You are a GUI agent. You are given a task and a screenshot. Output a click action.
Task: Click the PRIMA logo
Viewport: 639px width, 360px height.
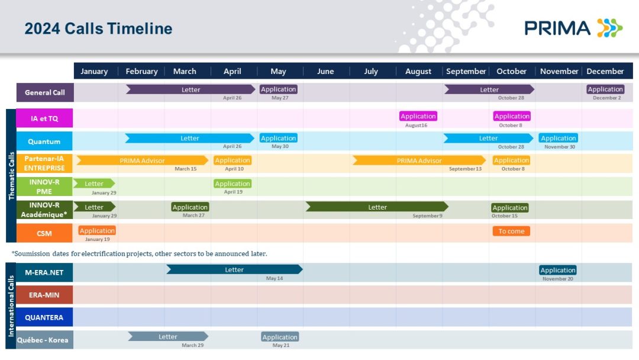coord(573,28)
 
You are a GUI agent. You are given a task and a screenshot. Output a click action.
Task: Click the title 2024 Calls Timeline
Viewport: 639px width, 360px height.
coord(98,28)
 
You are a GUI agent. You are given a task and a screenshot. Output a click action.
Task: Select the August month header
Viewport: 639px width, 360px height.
coord(418,71)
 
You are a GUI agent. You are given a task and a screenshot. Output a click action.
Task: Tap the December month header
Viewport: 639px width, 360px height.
coord(605,71)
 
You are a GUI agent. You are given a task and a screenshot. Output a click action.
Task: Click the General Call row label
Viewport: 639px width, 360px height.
coord(45,92)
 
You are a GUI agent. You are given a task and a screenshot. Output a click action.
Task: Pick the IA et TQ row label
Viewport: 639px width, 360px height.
coord(44,118)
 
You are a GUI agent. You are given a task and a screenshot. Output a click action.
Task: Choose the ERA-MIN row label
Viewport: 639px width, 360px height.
coord(44,295)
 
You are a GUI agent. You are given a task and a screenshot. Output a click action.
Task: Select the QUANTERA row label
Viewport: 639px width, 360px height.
coord(44,317)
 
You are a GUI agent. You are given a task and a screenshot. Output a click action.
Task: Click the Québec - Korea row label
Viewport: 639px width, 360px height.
coord(43,340)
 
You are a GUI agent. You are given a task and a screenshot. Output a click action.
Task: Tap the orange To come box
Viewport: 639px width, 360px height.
coord(511,231)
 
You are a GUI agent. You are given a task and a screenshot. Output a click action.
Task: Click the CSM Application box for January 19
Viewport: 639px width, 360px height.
coord(97,230)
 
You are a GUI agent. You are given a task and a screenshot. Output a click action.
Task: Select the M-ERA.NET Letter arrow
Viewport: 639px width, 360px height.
coord(234,269)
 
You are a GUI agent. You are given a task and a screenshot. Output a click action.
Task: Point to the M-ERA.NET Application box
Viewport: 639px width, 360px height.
coord(558,270)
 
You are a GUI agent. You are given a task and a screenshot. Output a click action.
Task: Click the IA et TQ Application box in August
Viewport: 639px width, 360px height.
coord(418,116)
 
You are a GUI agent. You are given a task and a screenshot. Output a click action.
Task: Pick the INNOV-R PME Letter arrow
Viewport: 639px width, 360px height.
coord(93,184)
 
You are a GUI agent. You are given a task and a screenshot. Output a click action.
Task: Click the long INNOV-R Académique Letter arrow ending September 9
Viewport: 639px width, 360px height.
coord(377,207)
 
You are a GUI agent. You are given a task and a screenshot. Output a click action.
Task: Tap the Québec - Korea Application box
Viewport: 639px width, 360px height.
coord(280,337)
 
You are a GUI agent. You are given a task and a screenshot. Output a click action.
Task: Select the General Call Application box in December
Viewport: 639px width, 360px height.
coord(605,89)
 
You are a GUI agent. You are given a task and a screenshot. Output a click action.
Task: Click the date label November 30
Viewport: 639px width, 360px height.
coord(560,147)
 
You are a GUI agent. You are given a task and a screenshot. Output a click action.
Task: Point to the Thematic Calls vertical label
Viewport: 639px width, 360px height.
coord(11,176)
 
